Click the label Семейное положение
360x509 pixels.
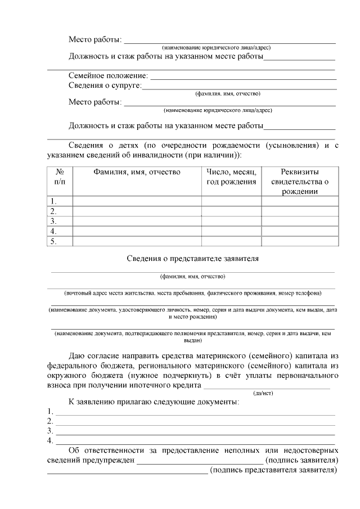(x=108, y=75)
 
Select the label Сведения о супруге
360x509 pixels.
(x=105, y=85)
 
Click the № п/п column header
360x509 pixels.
(x=60, y=177)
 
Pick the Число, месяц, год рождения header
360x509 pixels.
(x=231, y=177)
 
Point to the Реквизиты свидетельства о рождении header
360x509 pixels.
(x=300, y=181)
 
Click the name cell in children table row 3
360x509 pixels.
(x=137, y=221)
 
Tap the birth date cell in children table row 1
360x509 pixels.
(x=231, y=201)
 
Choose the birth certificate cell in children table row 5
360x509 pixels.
(x=300, y=241)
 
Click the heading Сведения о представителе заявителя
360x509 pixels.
(x=192, y=259)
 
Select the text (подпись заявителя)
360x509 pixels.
(x=301, y=461)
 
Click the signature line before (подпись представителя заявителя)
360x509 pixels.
(x=127, y=472)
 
